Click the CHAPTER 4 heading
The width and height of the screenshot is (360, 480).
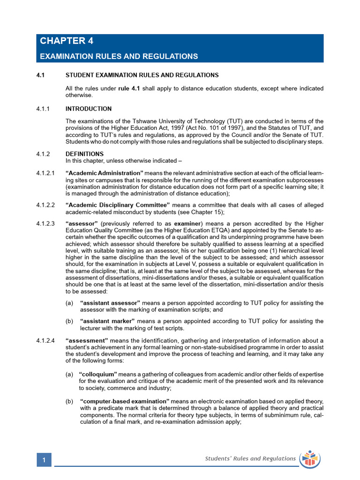[x=67, y=41]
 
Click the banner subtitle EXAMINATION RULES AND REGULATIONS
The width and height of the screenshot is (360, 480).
[x=119, y=56]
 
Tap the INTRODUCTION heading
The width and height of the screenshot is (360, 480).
[x=89, y=109]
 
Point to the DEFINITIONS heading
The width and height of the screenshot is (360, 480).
[x=85, y=154]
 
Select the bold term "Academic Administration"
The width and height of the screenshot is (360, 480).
[x=105, y=174]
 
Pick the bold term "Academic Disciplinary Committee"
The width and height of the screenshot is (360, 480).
[x=118, y=205]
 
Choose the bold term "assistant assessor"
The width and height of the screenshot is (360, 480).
[x=111, y=303]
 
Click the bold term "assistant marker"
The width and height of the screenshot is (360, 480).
[x=107, y=321]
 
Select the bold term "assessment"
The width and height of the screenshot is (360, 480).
[x=87, y=340]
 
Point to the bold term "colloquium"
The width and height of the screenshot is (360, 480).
[x=98, y=375]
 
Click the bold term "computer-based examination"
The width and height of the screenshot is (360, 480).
[x=125, y=402]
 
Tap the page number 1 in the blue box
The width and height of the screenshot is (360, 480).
[x=44, y=460]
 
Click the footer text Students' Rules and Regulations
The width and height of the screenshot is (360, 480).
[x=250, y=458]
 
